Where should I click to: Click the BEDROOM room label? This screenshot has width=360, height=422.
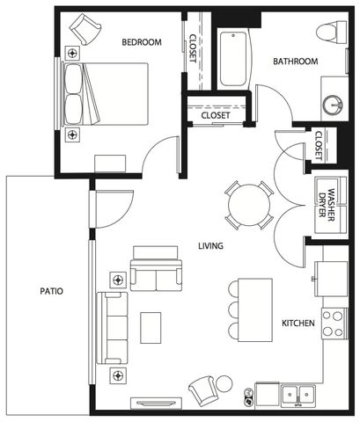click(x=142, y=42)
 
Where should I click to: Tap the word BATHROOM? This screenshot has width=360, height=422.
click(x=296, y=62)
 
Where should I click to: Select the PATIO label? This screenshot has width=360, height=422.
click(x=51, y=291)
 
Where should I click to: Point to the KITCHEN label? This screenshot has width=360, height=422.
click(x=298, y=324)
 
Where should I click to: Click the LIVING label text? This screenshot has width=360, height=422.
click(x=210, y=245)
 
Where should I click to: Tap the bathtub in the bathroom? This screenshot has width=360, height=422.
click(x=233, y=59)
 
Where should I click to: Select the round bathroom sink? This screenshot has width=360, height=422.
click(x=334, y=105)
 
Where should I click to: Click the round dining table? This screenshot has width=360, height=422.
click(x=249, y=205)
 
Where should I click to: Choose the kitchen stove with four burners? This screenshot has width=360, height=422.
click(x=334, y=324)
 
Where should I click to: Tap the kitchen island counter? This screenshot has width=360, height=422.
click(x=255, y=310)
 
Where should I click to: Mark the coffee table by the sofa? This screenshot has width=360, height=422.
click(x=151, y=328)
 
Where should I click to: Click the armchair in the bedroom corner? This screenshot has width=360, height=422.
click(x=85, y=29)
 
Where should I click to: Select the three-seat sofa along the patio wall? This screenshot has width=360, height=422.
click(x=113, y=328)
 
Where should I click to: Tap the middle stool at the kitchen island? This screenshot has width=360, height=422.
click(x=233, y=309)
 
